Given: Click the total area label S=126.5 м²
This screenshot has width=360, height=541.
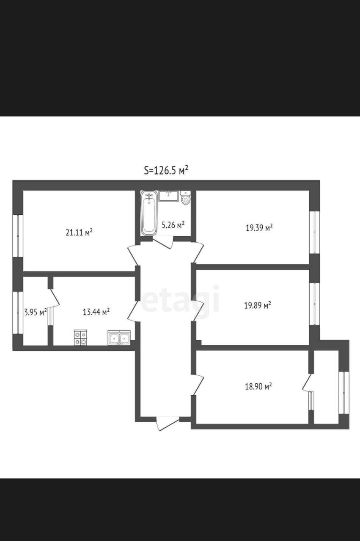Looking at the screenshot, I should pyautogui.click(x=166, y=170).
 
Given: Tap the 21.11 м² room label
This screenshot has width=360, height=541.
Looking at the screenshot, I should pyautogui.click(x=79, y=232).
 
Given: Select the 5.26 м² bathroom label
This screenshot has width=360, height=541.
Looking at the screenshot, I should pyautogui.click(x=173, y=225).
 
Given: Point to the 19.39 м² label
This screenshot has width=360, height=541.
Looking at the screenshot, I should pyautogui.click(x=259, y=228).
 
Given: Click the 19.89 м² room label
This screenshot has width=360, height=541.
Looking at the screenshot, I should pyautogui.click(x=258, y=305).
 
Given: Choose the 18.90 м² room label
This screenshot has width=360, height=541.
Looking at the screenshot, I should pyautogui.click(x=258, y=386).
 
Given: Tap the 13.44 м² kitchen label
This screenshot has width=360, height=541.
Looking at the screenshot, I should pyautogui.click(x=96, y=312).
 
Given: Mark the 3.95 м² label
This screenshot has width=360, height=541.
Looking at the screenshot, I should pyautogui.click(x=35, y=312).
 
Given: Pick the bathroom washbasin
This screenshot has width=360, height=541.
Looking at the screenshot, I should pyautogui.click(x=169, y=196).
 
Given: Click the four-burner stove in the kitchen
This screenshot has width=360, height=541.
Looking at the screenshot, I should pyautogui.click(x=80, y=337).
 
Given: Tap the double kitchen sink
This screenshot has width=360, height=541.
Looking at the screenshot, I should pyautogui.click(x=119, y=338).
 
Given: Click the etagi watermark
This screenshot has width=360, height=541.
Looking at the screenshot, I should pyautogui.click(x=180, y=301).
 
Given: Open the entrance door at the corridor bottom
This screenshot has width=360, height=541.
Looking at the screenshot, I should pyautogui.click(x=167, y=423).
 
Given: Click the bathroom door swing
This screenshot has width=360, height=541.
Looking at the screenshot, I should pyautogui.click(x=163, y=243).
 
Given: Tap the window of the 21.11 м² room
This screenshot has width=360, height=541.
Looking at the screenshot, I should pyautogui.click(x=18, y=236).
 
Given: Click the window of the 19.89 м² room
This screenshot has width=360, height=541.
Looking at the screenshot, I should pyautogui.click(x=314, y=303).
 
